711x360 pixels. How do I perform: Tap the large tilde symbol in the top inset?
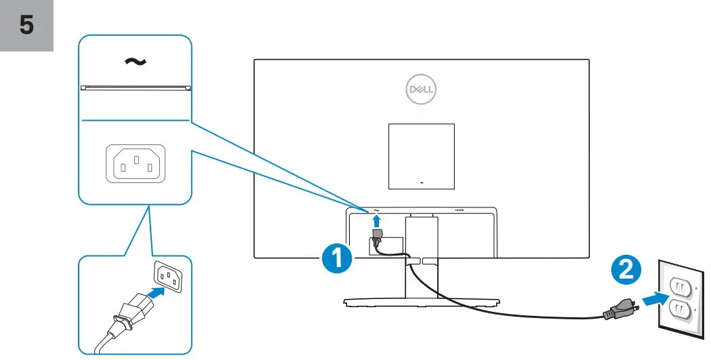tap(135, 62)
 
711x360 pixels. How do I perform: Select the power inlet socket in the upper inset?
tap(136, 163)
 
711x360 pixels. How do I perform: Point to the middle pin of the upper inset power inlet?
tap(136, 160)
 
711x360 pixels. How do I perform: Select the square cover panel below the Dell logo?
tap(420, 156)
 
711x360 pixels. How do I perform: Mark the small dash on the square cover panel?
tap(421, 182)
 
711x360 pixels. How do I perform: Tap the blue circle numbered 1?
tap(337, 259)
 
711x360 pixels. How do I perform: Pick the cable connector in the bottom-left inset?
tap(127, 315)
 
